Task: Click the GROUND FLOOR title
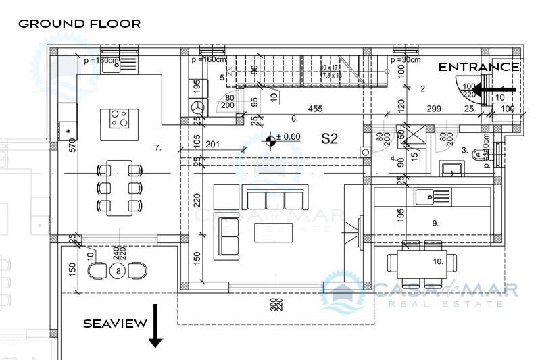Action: click(79, 24)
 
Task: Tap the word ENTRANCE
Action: click(479, 67)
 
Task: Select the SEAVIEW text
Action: click(115, 324)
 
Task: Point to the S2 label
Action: click(329, 139)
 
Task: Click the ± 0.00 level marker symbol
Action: click(271, 140)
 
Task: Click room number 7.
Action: click(157, 147)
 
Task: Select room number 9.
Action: click(435, 222)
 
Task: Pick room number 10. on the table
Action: click(437, 261)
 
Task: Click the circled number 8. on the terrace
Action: click(119, 271)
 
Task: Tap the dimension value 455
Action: click(315, 108)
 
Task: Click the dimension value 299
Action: click(433, 108)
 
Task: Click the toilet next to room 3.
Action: click(481, 155)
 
